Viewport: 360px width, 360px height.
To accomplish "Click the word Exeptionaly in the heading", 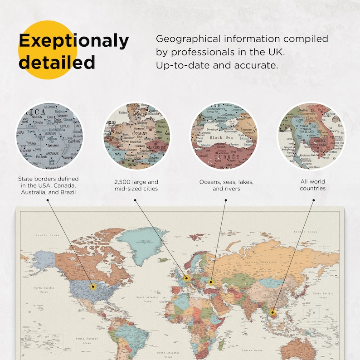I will pyautogui.click(x=73, y=41).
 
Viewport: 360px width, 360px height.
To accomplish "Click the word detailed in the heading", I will pyautogui.click(x=57, y=62).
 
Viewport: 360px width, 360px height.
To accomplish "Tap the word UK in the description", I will pyautogui.click(x=274, y=52).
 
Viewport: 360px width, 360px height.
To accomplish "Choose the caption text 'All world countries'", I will pyautogui.click(x=312, y=185).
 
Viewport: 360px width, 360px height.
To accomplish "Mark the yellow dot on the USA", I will pyautogui.click(x=93, y=286).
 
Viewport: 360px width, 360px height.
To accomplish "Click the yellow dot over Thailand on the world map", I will pyautogui.click(x=273, y=312).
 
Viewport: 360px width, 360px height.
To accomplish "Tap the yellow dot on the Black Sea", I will pyautogui.click(x=211, y=282).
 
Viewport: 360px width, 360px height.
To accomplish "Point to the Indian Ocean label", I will pyautogui.click(x=252, y=350).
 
